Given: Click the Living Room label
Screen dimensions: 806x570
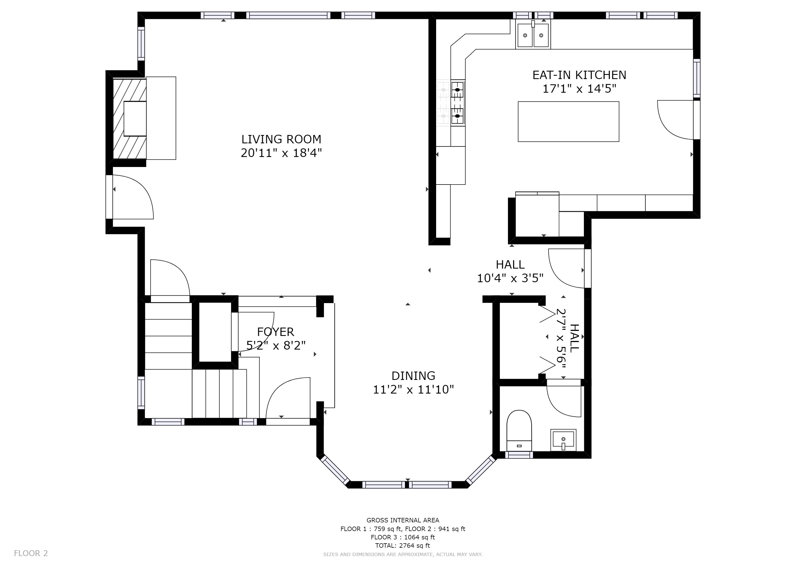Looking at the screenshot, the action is click(x=281, y=139).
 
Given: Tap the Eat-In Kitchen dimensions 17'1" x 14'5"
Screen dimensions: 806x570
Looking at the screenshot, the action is click(x=579, y=89).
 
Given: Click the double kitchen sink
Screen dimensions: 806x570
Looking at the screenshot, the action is click(x=533, y=35).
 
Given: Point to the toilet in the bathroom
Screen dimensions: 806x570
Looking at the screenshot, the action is click(x=519, y=430).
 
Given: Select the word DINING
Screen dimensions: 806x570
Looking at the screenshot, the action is click(x=413, y=376).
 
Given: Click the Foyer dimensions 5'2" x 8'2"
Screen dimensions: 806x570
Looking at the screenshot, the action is click(x=276, y=346).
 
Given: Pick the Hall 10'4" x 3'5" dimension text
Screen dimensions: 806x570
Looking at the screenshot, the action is click(x=510, y=278).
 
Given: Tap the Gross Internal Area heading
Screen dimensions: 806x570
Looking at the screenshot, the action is click(x=403, y=520).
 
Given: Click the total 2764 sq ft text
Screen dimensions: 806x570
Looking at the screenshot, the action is click(x=403, y=546).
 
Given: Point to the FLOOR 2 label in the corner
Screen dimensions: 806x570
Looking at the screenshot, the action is click(x=31, y=554).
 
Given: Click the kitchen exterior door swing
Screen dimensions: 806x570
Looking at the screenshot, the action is click(x=675, y=120).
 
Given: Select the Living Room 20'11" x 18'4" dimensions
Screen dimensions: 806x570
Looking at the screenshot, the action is click(x=281, y=153).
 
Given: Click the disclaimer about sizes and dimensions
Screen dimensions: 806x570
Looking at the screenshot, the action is click(x=403, y=555).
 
